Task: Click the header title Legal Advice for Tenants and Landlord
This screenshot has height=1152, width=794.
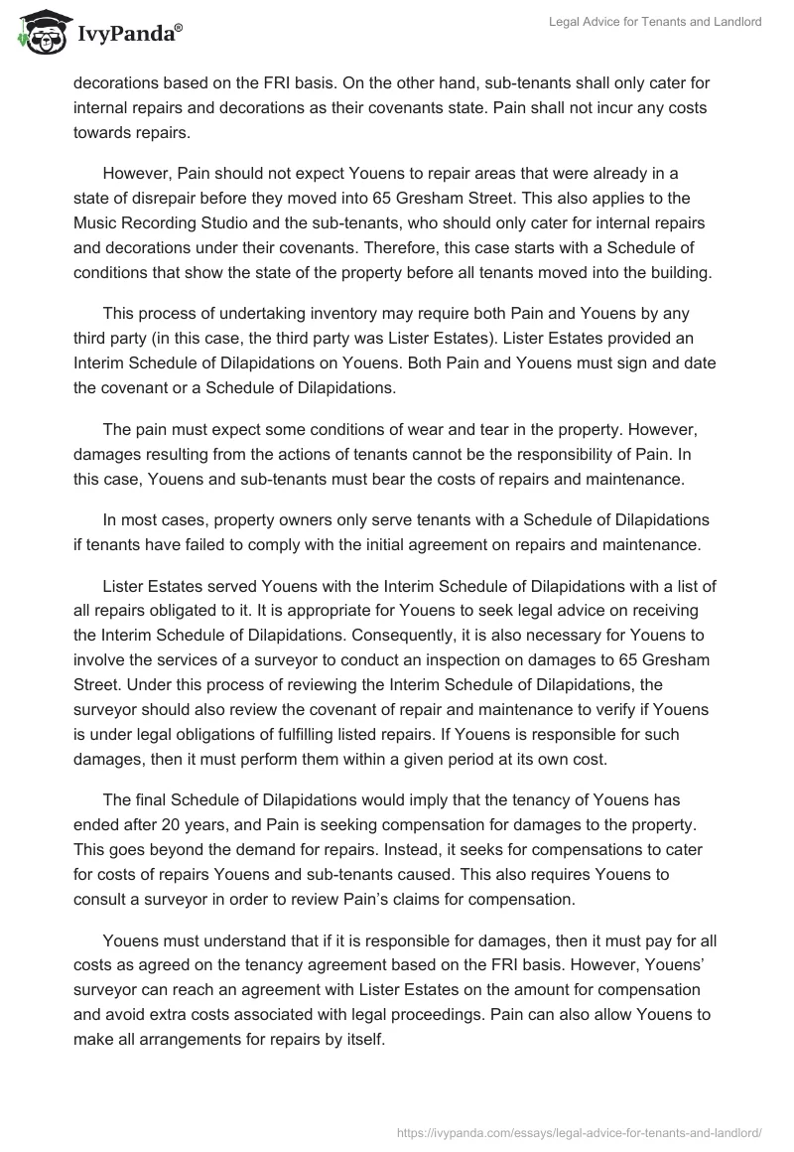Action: tap(655, 22)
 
